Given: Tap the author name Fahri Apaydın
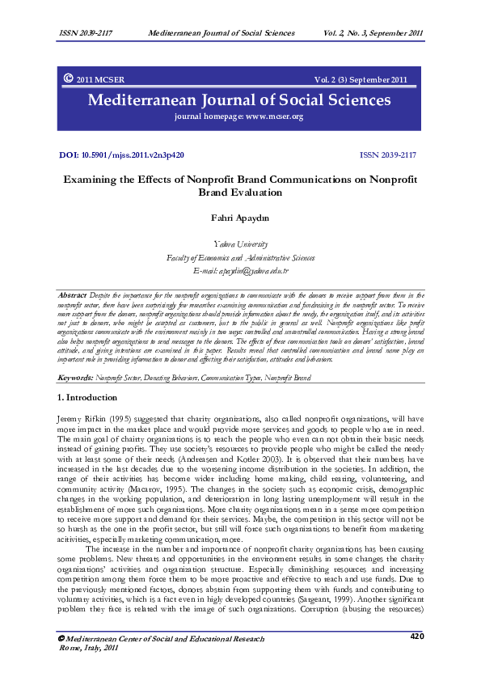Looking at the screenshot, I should point(240,217).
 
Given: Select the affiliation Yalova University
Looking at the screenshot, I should point(240,243).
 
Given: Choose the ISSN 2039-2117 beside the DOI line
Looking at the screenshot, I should point(388,154).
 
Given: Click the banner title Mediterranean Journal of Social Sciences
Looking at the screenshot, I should point(240,100).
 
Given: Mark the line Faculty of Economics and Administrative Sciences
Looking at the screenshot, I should point(240,257).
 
